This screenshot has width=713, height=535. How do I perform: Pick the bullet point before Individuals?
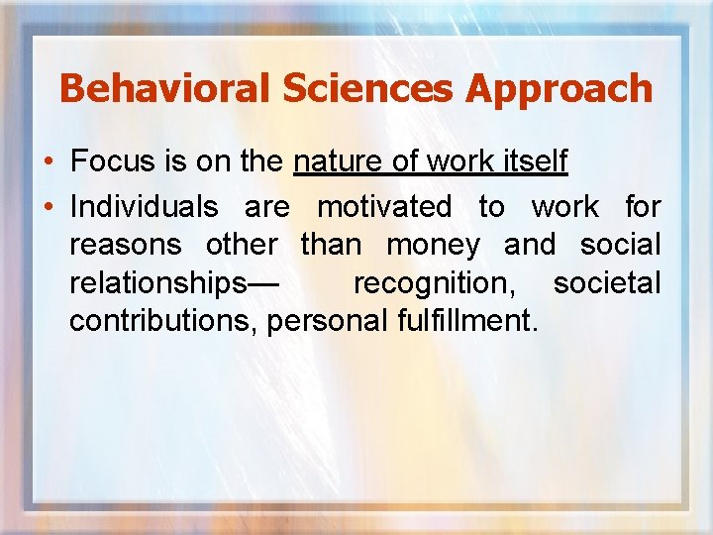(49, 207)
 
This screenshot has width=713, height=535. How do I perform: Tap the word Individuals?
(144, 207)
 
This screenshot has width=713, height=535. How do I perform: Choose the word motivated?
(383, 207)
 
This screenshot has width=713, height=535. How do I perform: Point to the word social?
(620, 245)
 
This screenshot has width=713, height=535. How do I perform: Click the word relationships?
(155, 283)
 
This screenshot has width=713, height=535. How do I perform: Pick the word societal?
(606, 283)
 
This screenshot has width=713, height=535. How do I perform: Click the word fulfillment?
(466, 321)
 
